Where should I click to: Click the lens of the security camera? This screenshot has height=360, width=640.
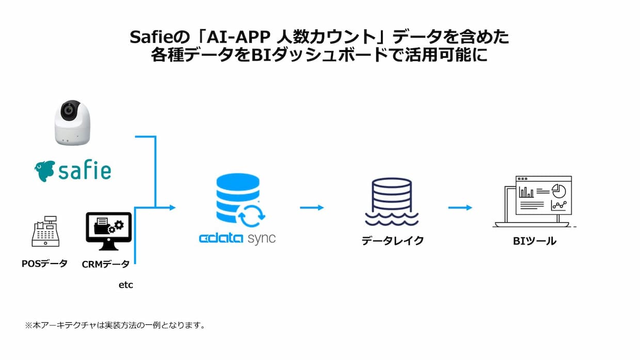tap(69, 110)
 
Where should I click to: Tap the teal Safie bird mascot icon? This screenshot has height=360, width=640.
tap(44, 171)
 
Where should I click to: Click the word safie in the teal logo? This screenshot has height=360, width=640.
tap(85, 171)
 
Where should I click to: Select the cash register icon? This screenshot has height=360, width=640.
tap(46, 231)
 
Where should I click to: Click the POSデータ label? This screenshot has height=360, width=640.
tap(44, 263)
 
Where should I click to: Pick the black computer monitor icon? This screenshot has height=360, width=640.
tap(108, 231)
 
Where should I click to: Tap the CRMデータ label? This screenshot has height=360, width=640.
tap(106, 264)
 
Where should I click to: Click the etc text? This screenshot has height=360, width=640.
tap(126, 285)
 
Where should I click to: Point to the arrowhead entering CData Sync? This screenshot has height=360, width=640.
tap(172, 207)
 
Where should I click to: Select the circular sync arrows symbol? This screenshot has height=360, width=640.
tap(252, 216)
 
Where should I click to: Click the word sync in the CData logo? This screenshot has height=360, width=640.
tap(262, 239)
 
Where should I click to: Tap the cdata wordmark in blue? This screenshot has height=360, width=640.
tap(221, 238)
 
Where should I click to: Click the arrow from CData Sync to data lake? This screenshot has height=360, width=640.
tap(312, 207)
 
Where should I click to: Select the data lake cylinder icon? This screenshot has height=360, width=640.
tap(392, 202)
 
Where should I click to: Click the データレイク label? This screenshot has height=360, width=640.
tap(393, 241)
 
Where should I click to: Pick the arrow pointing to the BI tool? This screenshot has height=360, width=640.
tap(460, 207)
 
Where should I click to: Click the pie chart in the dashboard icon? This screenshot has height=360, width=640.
tap(559, 191)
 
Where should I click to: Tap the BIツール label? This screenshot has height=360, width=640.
tap(535, 241)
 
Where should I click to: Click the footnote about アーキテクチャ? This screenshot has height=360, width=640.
tap(115, 325)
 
